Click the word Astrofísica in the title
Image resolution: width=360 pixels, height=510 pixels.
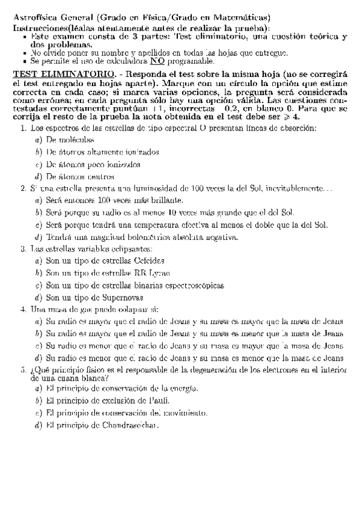pos(34,18)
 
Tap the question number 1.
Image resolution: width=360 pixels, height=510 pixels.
pos(23,129)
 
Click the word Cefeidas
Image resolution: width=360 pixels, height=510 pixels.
pos(148,260)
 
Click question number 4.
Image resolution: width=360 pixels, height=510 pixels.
pos(23,309)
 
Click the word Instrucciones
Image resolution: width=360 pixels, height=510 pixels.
pos(40,28)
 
